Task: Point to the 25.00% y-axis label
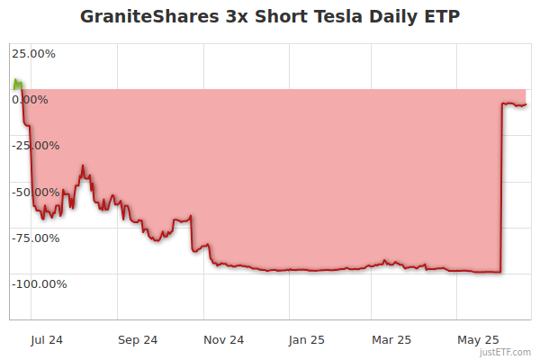[33, 53]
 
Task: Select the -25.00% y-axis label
[35, 145]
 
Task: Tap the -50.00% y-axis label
[35, 192]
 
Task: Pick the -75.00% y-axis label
[35, 238]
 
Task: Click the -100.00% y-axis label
[39, 283]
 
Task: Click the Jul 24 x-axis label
[47, 339]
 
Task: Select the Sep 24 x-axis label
[138, 339]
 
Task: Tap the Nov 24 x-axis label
[223, 339]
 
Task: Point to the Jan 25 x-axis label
[307, 339]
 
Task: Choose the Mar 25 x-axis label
[391, 339]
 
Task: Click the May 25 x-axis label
[478, 339]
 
